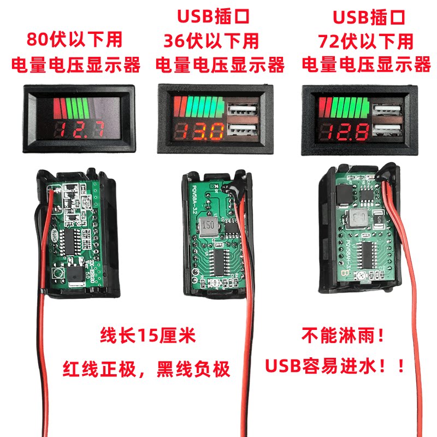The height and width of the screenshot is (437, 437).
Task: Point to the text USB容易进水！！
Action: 335,365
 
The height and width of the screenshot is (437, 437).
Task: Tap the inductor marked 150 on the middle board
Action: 208,225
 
